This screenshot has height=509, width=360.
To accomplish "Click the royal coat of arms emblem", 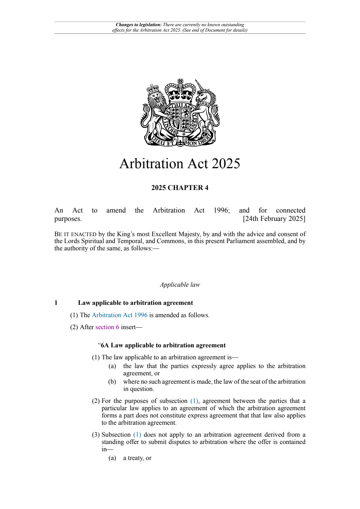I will coord(180,113).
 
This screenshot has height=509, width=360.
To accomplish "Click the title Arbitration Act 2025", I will coord(180,164).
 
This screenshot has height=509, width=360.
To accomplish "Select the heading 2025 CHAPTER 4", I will coord(180,188).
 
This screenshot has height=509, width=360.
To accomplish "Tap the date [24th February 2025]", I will coord(274,219).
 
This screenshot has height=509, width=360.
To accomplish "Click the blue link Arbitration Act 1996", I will coord(120,315).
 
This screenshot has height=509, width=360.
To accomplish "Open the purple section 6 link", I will coord(107,327).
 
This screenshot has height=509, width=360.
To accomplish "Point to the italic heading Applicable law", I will coord(180,285).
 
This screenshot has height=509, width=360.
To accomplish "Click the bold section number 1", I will coord(56,303).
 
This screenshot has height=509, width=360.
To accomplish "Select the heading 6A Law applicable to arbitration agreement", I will coord(163,346).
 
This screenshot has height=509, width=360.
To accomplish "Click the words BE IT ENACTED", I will coord(75,234).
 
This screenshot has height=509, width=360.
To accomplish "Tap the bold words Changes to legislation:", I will coord(138,25).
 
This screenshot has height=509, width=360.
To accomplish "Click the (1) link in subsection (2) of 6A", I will coord(194,401).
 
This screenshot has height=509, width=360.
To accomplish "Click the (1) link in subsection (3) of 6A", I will coord(137,435).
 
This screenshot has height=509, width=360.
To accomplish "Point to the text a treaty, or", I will coord(137,458).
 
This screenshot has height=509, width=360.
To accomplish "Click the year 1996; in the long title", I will coord(222,210).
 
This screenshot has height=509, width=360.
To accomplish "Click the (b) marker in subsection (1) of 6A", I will coord(112,382).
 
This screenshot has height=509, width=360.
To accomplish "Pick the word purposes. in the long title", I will coord(68,219).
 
